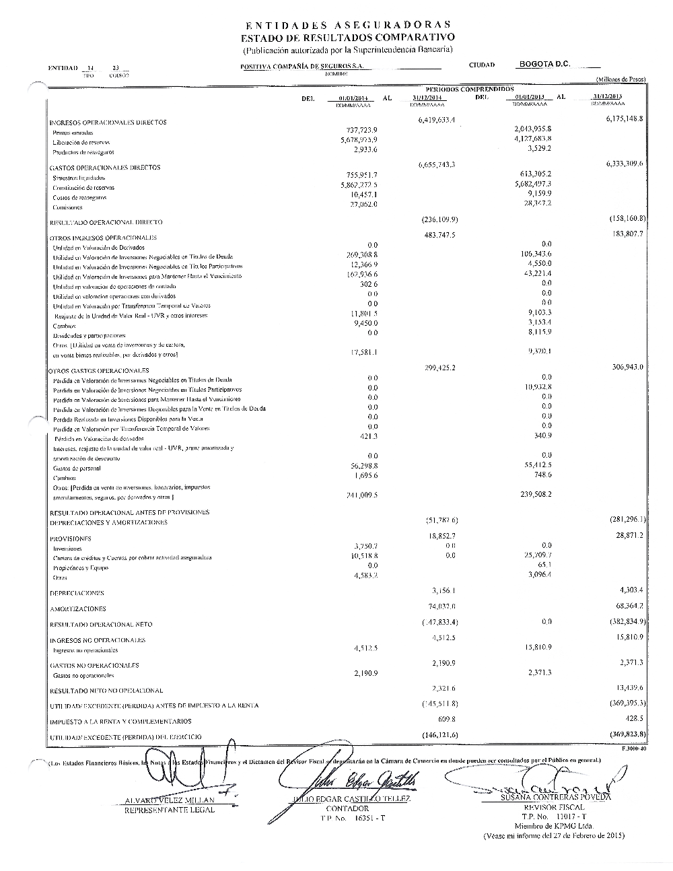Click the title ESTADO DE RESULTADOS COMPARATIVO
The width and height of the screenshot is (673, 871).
pos(348,37)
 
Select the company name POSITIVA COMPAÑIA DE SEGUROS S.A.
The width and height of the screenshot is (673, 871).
pos(302,66)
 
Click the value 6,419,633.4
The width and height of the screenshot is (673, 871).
pos(437,120)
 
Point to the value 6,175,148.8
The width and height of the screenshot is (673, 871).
pos(621,118)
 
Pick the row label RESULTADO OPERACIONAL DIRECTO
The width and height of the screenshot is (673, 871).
pos(106,221)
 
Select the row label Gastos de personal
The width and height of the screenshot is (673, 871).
pos(73,468)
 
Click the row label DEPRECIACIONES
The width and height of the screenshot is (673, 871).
pos(77,593)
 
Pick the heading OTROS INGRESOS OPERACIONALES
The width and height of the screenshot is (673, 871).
pos(104,238)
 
